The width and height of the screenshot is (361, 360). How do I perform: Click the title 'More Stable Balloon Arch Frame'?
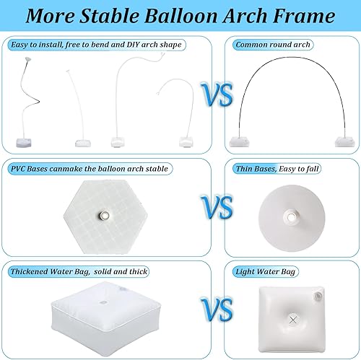(180, 16)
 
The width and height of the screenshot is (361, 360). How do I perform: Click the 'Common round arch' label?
(273, 45)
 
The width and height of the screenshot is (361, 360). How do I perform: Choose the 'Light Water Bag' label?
(268, 271)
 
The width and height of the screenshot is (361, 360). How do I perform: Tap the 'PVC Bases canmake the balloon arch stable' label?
(89, 168)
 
